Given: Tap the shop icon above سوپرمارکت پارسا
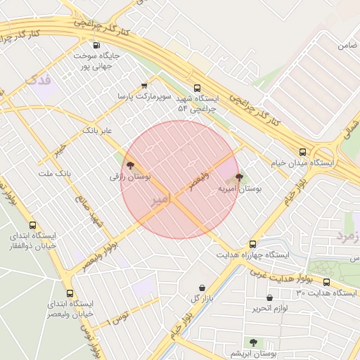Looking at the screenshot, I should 145,84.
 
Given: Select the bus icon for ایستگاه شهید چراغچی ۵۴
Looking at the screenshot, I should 196,89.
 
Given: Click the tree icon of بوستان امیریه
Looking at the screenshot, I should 239,177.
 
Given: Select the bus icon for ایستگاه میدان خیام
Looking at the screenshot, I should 303,151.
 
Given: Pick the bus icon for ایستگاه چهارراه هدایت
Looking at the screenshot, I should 252,243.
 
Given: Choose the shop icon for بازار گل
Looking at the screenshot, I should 202,288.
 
